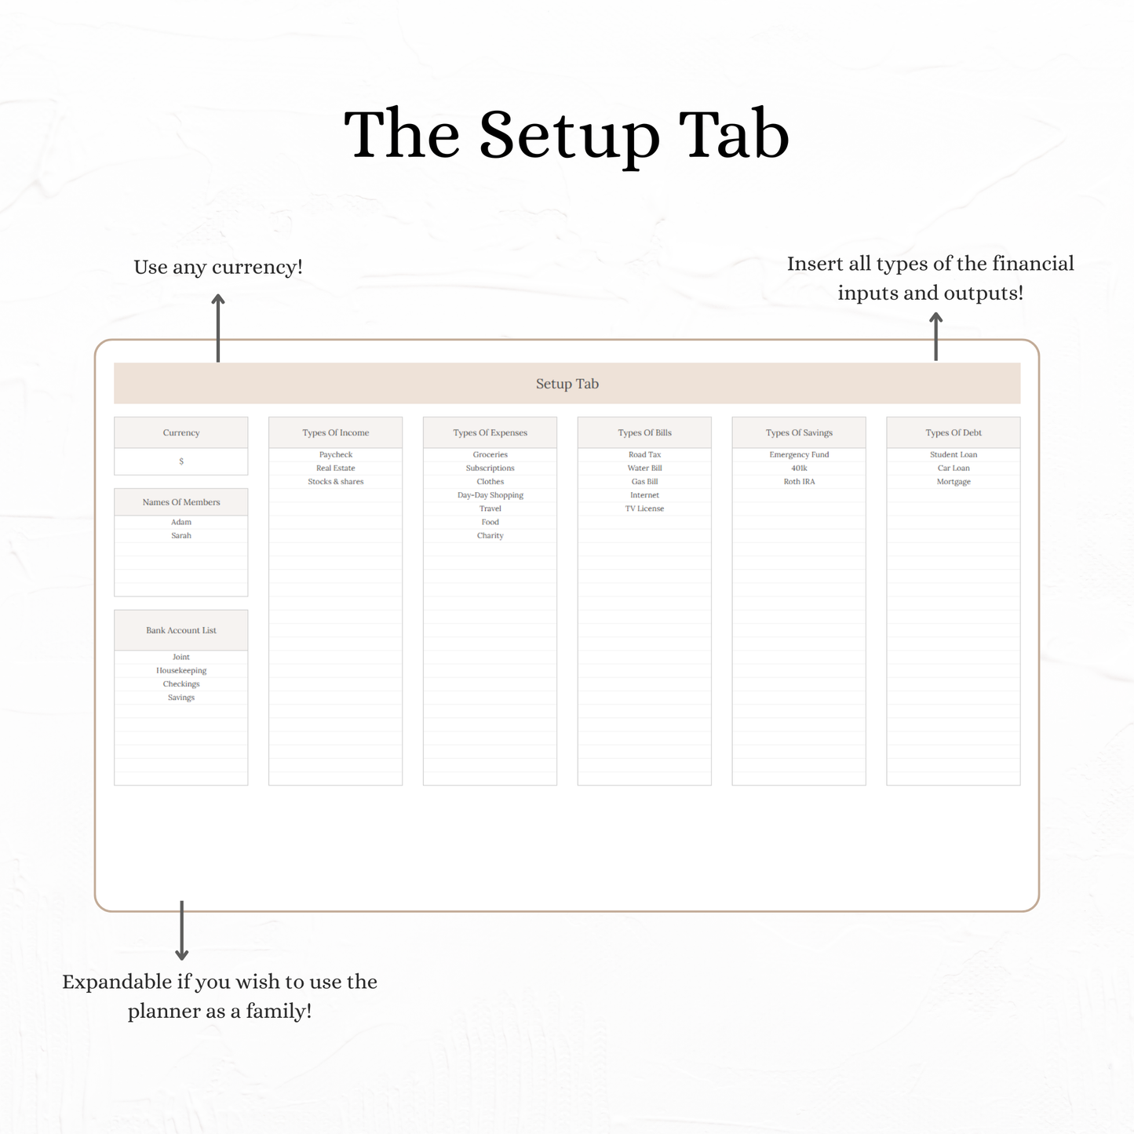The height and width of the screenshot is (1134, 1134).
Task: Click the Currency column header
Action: click(180, 432)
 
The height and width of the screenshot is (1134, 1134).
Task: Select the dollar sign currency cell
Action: click(181, 461)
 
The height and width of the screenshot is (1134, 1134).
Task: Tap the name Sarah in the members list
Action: click(181, 535)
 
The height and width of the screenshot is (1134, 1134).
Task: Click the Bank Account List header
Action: click(181, 630)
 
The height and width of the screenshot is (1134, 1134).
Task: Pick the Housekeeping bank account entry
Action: click(181, 670)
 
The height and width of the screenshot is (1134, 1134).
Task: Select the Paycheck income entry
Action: click(335, 454)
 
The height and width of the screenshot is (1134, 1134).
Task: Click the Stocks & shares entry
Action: click(335, 481)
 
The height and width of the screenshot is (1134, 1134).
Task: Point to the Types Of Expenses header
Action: click(490, 432)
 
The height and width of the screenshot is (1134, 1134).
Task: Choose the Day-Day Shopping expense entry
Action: click(490, 495)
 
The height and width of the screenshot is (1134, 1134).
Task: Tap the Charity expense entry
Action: click(490, 535)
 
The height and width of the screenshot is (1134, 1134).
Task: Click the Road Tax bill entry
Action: click(644, 454)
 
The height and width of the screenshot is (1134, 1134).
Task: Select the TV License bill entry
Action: click(644, 509)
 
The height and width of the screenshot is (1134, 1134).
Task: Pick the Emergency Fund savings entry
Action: click(799, 454)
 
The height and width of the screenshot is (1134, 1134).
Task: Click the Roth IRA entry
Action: click(799, 481)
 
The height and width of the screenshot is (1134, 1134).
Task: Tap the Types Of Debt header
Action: click(954, 432)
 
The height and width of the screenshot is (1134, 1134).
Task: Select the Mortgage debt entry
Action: click(954, 481)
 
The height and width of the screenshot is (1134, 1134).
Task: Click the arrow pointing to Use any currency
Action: click(218, 328)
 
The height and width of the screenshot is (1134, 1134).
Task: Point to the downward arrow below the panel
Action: click(182, 931)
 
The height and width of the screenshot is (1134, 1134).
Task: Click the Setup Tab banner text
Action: click(567, 384)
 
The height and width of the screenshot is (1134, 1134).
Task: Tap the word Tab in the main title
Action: click(734, 134)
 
